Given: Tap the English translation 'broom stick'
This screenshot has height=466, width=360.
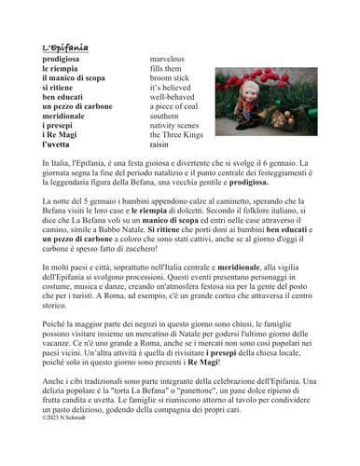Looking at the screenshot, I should coord(169,82).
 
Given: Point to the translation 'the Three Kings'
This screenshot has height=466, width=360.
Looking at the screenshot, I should coord(175,133).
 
